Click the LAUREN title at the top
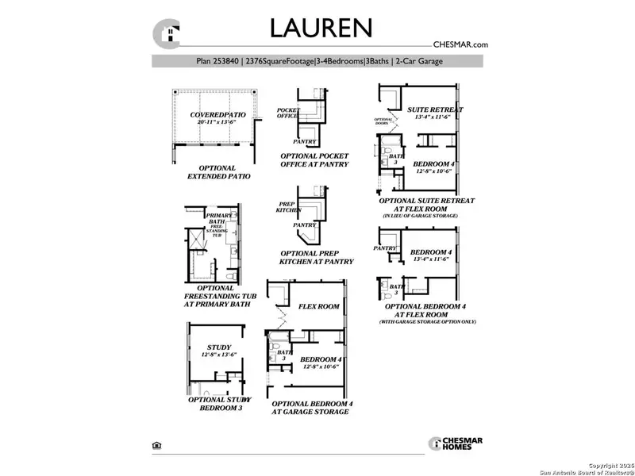coord(321,28)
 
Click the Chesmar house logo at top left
coord(167,34)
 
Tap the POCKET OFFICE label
coord(287,113)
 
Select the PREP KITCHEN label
coord(287,207)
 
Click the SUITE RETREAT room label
coord(435,109)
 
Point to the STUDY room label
coord(218,347)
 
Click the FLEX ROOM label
coord(318,306)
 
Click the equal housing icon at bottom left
coord(155,446)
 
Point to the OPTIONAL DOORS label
coord(385,121)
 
